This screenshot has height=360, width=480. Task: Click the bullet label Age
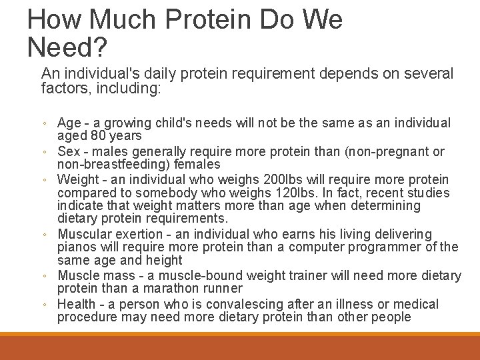(x=69, y=123)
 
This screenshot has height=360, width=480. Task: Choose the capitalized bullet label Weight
(x=77, y=181)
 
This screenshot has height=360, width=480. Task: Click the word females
(x=199, y=164)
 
